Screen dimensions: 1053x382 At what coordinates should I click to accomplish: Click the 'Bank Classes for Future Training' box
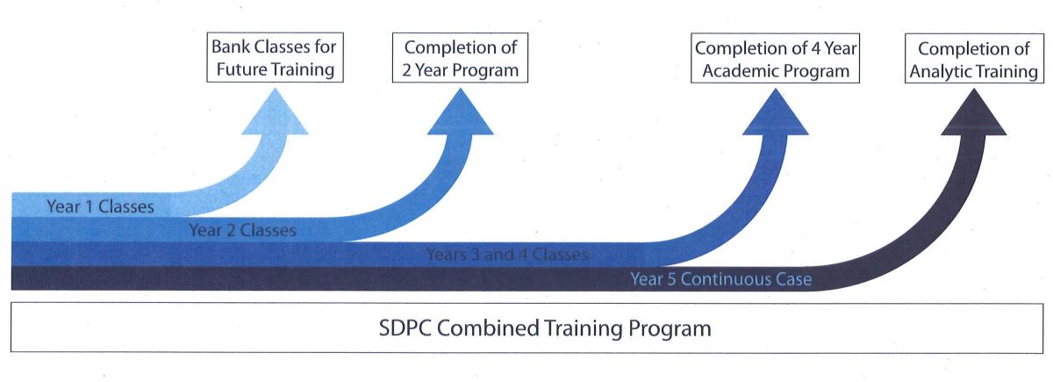click(275, 57)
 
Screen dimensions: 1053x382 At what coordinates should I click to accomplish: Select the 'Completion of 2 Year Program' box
click(460, 58)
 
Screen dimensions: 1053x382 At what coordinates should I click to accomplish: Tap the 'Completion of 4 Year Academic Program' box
click(775, 58)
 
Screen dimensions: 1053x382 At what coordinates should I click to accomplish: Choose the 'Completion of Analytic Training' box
click(974, 59)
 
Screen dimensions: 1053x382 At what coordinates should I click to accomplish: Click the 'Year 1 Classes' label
click(100, 206)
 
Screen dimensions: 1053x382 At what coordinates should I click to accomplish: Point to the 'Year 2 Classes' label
click(242, 230)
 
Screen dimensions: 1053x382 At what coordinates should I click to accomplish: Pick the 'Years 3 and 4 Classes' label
click(507, 255)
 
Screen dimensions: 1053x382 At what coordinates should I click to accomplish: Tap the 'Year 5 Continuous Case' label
click(720, 279)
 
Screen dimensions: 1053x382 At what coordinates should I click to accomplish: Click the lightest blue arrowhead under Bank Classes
click(275, 112)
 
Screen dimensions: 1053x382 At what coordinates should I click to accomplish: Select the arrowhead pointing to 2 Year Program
click(460, 112)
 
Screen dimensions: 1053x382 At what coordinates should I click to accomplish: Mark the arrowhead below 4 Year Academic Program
click(775, 112)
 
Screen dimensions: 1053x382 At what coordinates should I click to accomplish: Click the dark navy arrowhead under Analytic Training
click(974, 112)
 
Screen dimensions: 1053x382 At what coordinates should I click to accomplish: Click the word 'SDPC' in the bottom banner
click(405, 328)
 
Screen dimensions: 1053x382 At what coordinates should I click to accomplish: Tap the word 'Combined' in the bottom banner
click(488, 328)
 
